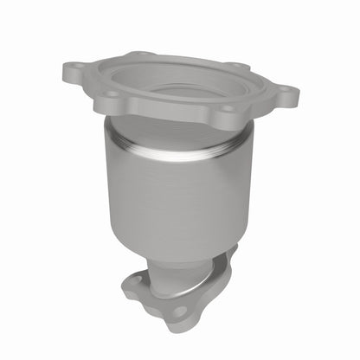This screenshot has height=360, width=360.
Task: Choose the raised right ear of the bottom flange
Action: tap(229, 253)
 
